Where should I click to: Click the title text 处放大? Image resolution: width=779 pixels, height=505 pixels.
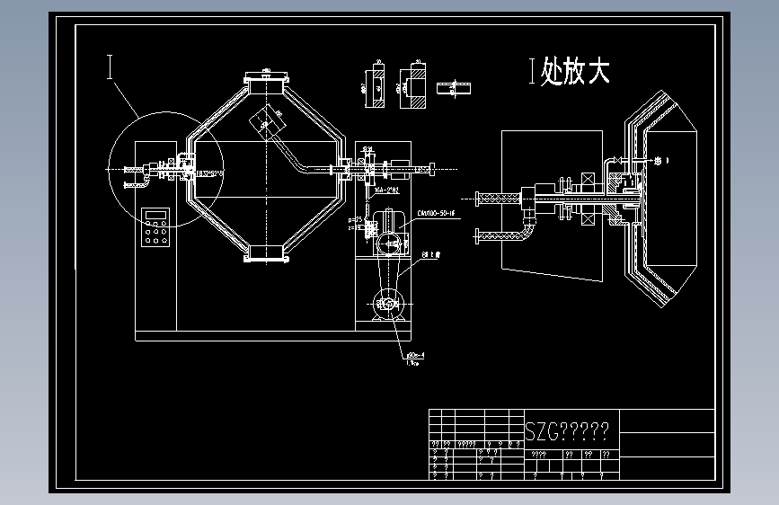(x=575, y=72)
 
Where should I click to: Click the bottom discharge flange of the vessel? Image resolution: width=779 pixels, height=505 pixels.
(x=265, y=255)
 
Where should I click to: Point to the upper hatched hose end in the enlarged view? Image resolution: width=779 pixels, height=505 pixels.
(x=494, y=197)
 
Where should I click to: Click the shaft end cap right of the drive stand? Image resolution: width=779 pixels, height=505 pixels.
(x=432, y=166)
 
